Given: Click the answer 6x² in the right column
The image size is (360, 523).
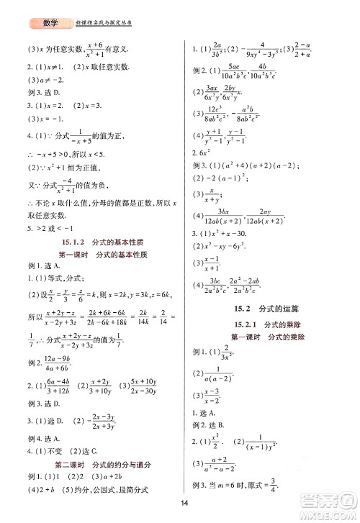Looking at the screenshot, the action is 203,153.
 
